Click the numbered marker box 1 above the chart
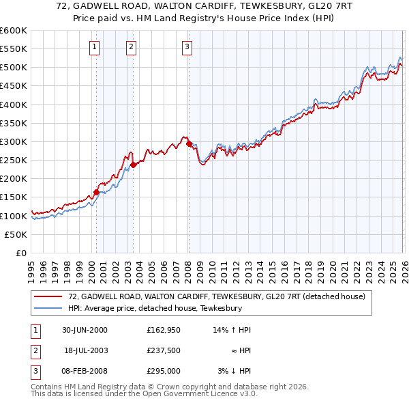pos(94,47)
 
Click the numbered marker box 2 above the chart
pos(131,47)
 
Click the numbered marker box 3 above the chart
pos(187,47)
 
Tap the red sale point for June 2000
pos(96,193)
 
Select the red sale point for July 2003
pos(134,165)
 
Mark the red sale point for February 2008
pos(189,143)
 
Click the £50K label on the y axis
pos(16,234)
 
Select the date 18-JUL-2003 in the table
pos(85,350)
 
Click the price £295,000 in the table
pos(162,371)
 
